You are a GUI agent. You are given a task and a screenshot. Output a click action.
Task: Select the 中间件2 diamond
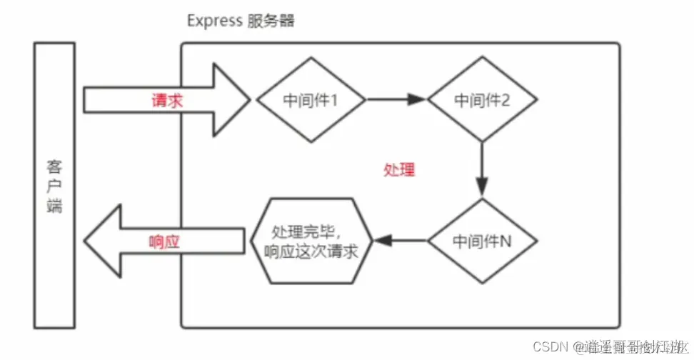tap(482, 100)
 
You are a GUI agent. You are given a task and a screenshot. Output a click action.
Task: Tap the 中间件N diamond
tap(482, 241)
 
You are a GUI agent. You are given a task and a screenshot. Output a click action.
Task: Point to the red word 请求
tap(167, 100)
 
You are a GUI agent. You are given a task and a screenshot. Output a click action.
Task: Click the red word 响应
tap(164, 241)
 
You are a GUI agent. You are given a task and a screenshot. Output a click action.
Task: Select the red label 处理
tap(398, 170)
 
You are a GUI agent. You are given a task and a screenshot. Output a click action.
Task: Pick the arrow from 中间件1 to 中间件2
tap(397, 100)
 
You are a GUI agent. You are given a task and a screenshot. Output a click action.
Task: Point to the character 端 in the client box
tap(54, 206)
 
